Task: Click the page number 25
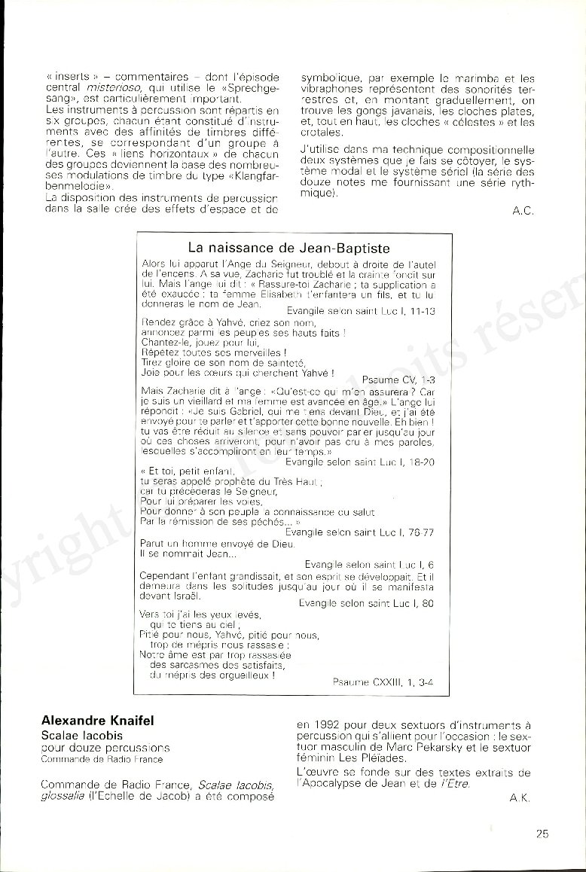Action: (x=542, y=833)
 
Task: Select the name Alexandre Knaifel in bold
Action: (x=97, y=721)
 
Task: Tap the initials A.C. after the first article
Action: (x=523, y=211)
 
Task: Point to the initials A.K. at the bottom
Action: (x=520, y=798)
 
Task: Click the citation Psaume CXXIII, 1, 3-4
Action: (x=383, y=681)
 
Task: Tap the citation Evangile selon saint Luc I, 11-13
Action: (x=361, y=310)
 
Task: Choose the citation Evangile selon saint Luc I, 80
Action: (x=366, y=602)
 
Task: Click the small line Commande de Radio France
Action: (x=91, y=759)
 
